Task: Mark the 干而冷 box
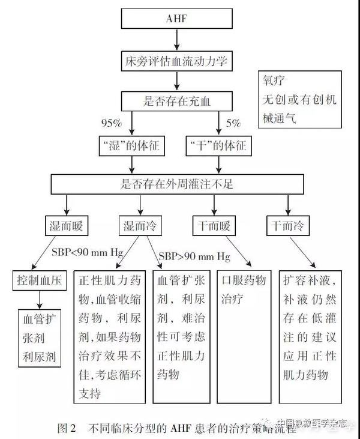coord(287,226)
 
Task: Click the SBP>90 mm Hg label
coord(194,256)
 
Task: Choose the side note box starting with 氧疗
coord(298,99)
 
